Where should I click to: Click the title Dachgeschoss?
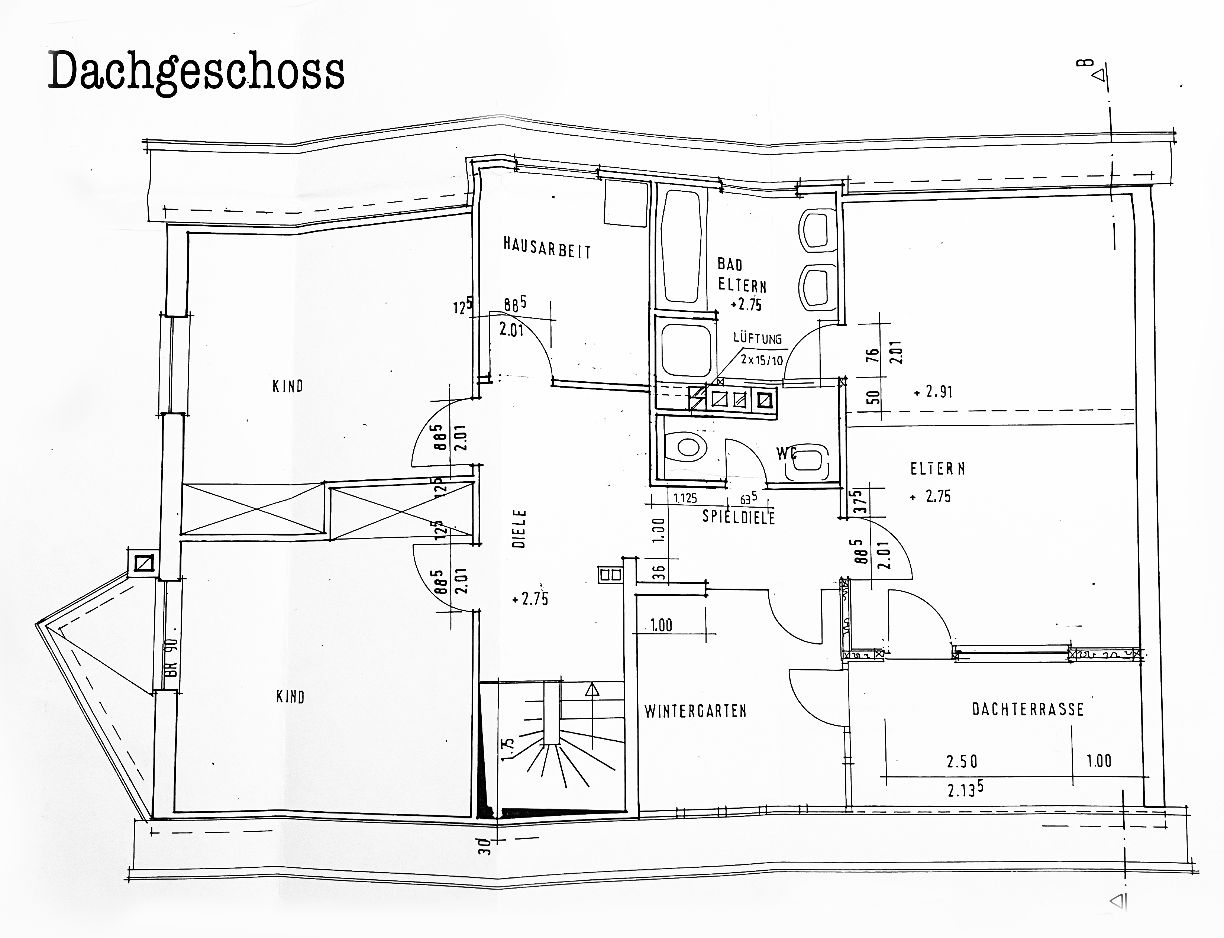(x=197, y=71)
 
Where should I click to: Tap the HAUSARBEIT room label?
(x=547, y=248)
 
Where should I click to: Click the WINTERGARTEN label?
(x=695, y=711)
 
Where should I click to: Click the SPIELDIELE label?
(x=739, y=517)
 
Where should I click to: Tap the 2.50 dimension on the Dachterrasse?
(x=962, y=761)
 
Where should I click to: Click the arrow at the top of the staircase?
(x=592, y=690)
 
